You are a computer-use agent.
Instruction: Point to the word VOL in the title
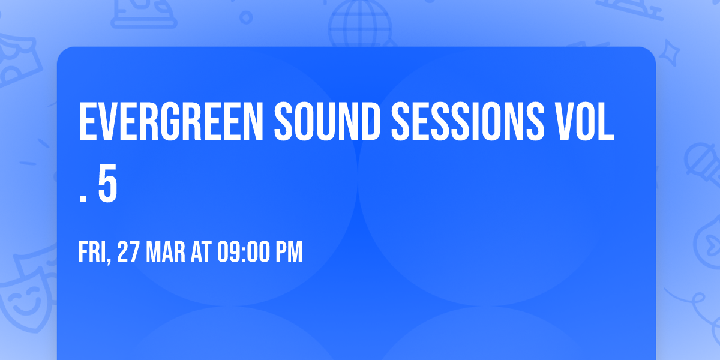point(584,122)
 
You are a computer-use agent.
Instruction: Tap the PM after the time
point(290,253)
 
